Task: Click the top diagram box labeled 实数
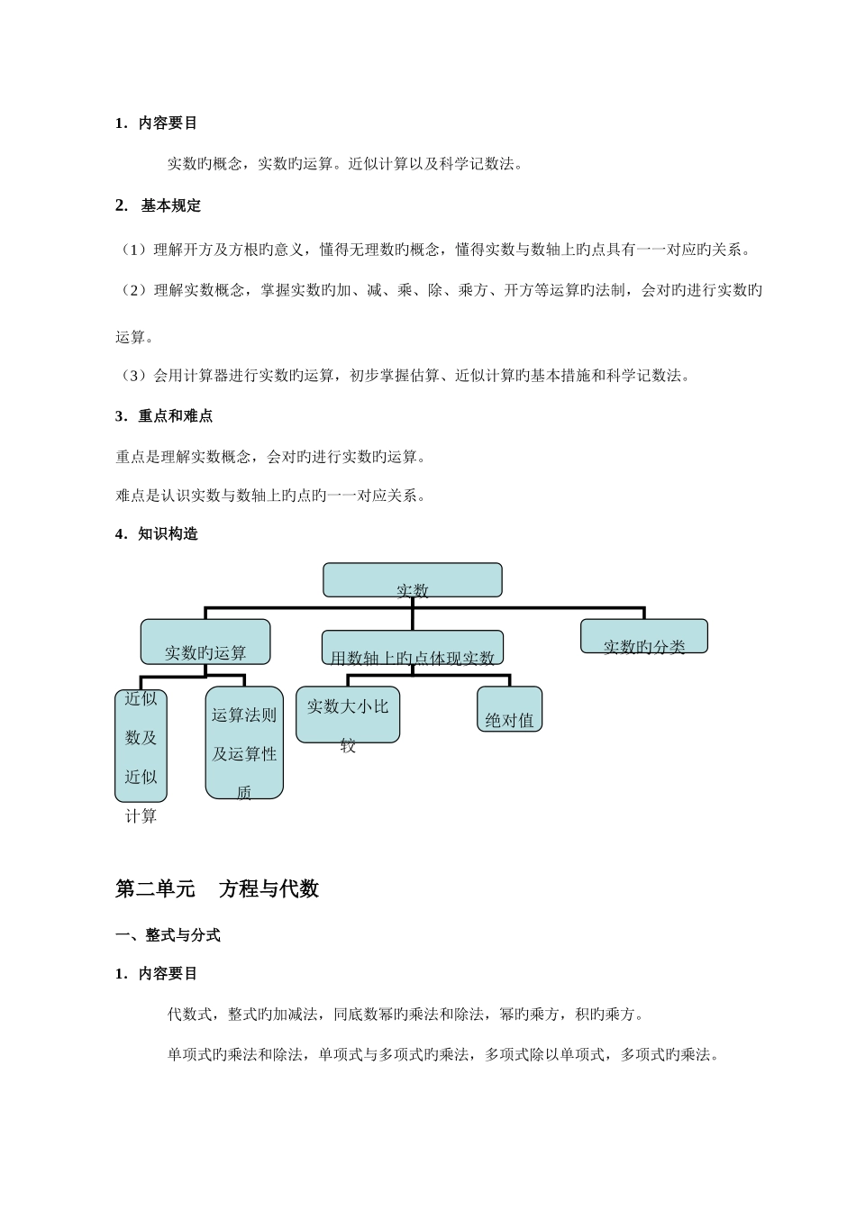click(412, 580)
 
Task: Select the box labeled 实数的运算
click(205, 642)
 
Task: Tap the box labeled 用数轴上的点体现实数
click(412, 648)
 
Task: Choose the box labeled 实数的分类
click(643, 636)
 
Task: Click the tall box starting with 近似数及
click(141, 745)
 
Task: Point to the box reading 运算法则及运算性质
click(244, 742)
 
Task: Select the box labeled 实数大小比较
click(348, 715)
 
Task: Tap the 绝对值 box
click(509, 709)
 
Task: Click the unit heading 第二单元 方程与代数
click(217, 889)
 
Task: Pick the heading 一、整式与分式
click(168, 935)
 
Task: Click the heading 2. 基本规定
click(159, 205)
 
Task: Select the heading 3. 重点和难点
click(164, 416)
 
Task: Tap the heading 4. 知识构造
click(157, 533)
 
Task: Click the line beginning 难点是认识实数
click(270, 495)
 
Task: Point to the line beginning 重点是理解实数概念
click(270, 457)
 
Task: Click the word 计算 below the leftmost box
click(141, 816)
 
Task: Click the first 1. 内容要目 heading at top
click(157, 123)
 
